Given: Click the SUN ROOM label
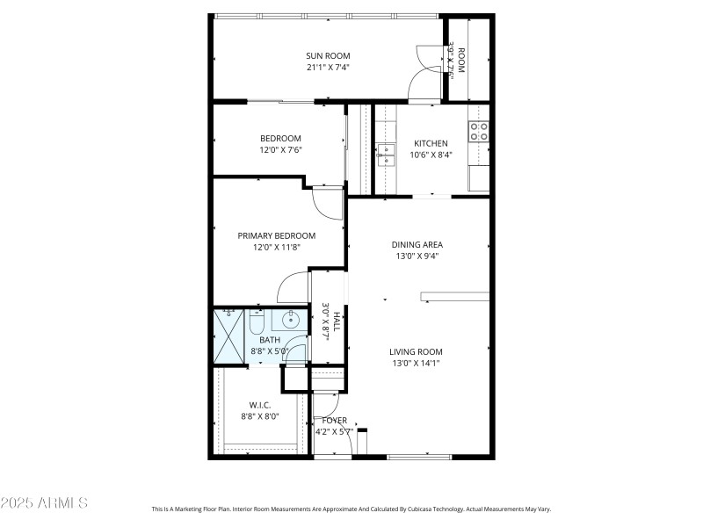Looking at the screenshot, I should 328,55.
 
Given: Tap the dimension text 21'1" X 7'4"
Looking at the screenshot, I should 328,67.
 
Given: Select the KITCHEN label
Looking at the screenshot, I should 431,143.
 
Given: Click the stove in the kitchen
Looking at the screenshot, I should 478,132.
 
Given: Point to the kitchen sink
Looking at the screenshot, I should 387,155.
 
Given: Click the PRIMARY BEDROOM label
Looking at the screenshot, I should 277,235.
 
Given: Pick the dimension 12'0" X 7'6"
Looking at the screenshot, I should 280,150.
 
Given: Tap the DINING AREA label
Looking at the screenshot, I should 417,245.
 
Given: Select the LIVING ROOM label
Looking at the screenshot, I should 416,352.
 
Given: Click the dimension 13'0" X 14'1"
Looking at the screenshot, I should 416,364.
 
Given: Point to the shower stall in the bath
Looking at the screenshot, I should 230,335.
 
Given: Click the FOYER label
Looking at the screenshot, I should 334,420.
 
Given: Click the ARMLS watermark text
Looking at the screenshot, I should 44,503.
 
